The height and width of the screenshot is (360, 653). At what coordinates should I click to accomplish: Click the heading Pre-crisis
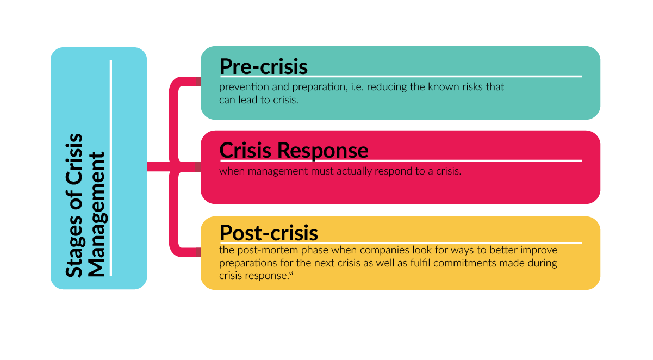(x=263, y=66)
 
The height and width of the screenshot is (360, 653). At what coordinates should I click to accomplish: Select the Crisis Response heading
(x=294, y=150)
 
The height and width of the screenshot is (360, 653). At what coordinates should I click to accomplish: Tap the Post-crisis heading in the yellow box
(x=269, y=233)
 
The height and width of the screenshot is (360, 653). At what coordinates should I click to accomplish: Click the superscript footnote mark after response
(x=291, y=274)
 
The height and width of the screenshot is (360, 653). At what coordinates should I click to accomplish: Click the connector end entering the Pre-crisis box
(x=197, y=82)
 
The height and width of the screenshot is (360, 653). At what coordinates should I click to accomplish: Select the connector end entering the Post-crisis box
(x=197, y=252)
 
